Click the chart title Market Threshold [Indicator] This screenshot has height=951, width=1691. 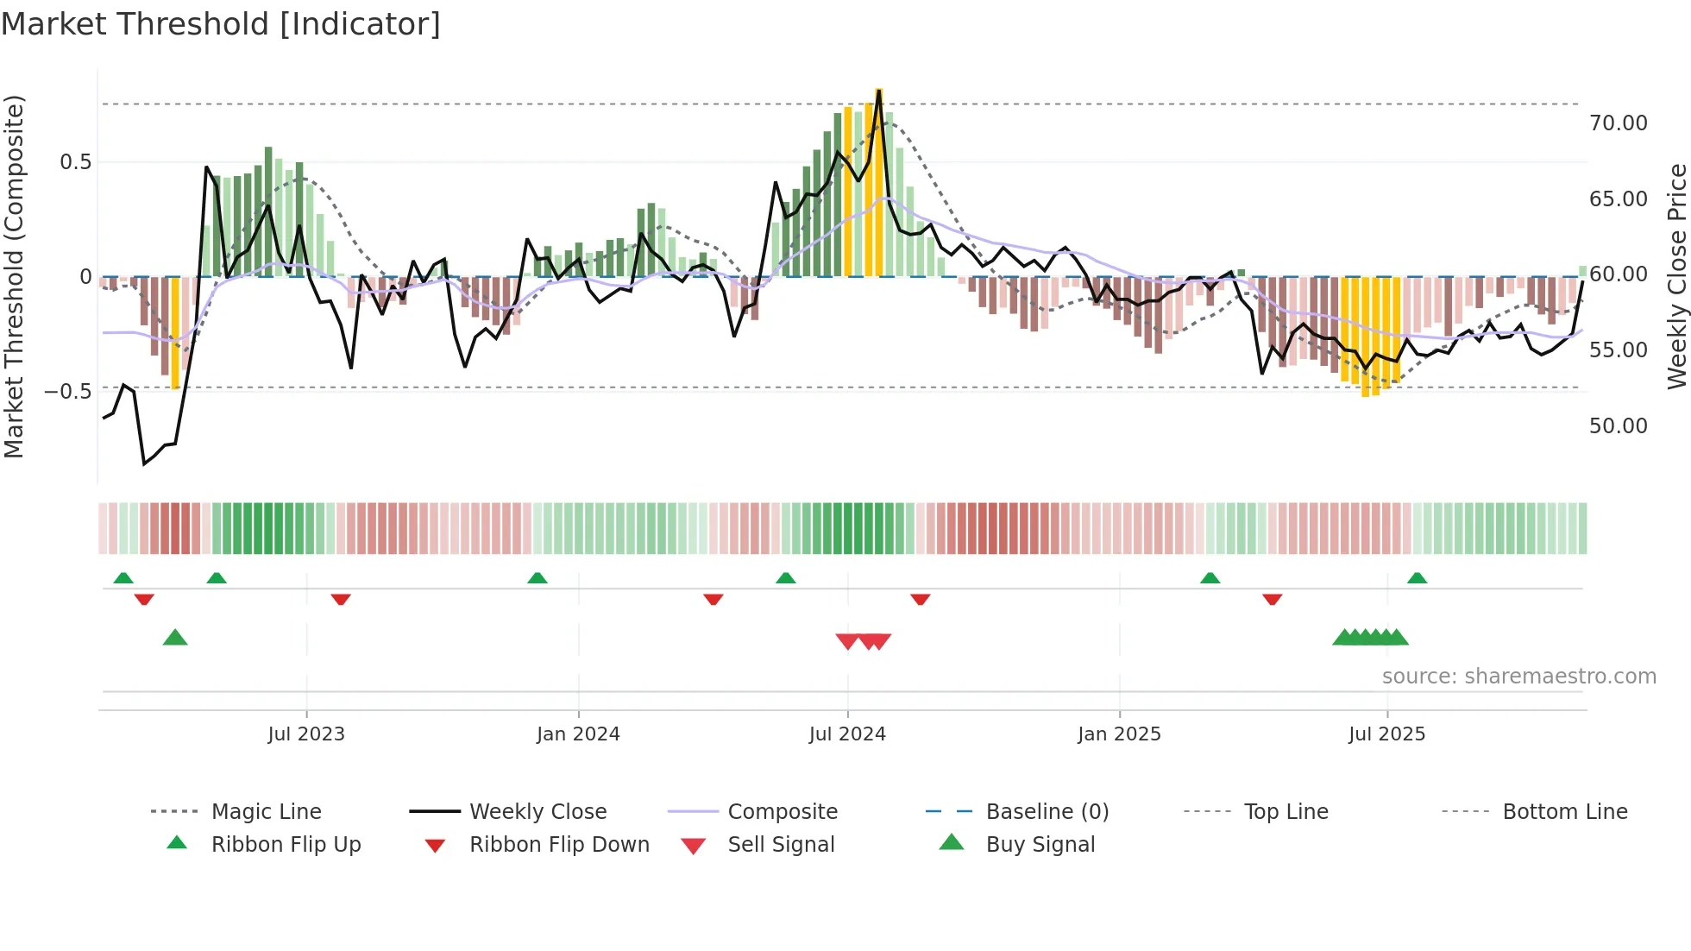point(221,24)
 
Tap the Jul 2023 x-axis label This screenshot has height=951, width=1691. point(305,734)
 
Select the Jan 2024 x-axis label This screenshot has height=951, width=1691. point(577,734)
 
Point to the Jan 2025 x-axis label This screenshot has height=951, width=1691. point(1119,734)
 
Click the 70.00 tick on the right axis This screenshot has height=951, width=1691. point(1618,123)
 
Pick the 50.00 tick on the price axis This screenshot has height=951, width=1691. point(1618,426)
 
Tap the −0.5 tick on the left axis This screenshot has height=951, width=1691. point(67,392)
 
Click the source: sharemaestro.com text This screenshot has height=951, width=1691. point(1518,677)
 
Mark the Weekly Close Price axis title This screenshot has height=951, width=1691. point(1676,276)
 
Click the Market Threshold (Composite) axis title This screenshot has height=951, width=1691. point(14,276)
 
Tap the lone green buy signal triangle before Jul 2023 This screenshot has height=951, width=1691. point(175,638)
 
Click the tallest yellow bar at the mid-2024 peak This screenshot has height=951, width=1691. point(878,181)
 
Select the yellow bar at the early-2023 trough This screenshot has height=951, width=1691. point(175,332)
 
